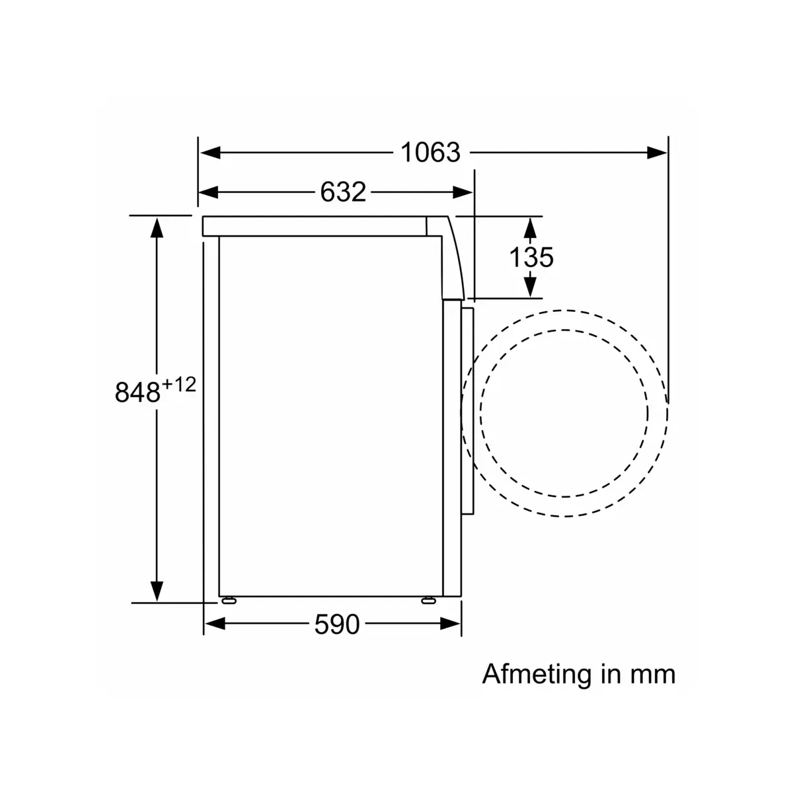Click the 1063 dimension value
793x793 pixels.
[430, 152]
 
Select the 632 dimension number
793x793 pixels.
[343, 192]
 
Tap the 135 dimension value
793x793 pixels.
[531, 257]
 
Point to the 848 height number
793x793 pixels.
[137, 392]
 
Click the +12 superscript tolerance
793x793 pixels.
[179, 385]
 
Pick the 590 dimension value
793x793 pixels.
[336, 624]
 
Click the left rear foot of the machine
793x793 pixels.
[229, 601]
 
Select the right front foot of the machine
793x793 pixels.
[428, 601]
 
